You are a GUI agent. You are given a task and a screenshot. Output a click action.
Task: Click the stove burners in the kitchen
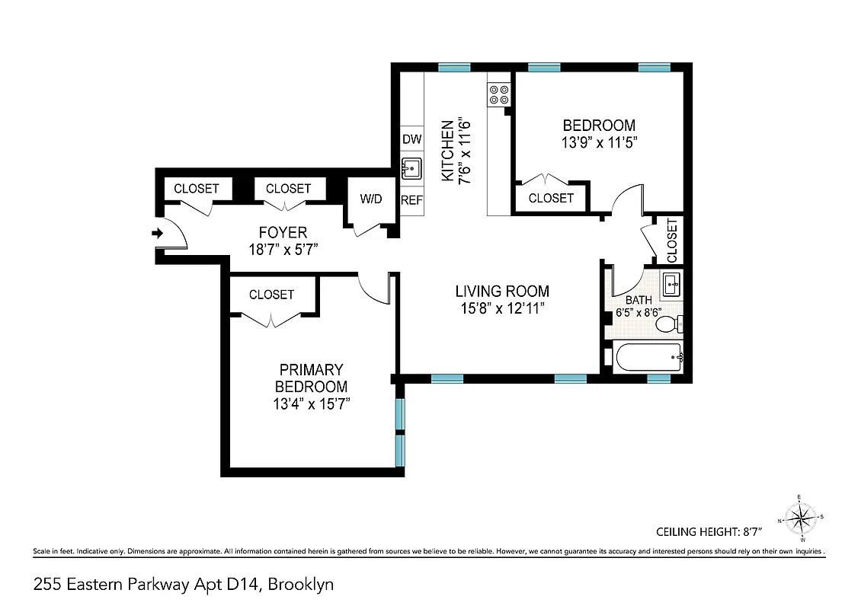coord(499,94)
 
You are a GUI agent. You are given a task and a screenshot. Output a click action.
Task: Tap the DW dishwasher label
coord(411,139)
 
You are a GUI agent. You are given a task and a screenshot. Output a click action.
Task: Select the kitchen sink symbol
coord(411,168)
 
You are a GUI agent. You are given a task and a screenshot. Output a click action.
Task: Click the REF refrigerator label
coord(411,200)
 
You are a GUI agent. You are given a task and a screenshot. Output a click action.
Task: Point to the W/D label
coord(371,199)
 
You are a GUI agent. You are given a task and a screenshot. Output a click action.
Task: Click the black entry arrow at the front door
coord(158,234)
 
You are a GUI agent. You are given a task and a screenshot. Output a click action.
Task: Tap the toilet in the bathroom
coord(667,325)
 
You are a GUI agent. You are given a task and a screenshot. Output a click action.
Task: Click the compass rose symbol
coord(799,520)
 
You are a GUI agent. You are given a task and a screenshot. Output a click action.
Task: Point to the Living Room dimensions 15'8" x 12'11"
coord(502,308)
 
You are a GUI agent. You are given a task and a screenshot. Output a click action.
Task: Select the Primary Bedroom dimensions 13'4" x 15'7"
coord(311,404)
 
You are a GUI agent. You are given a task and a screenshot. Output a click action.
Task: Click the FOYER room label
coord(283,232)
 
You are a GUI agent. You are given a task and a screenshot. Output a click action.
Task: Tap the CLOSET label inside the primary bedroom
coord(271,295)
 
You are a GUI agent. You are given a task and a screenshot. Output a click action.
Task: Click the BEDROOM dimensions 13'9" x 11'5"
coord(599,142)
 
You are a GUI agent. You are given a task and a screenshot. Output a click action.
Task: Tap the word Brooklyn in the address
coord(300,585)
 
